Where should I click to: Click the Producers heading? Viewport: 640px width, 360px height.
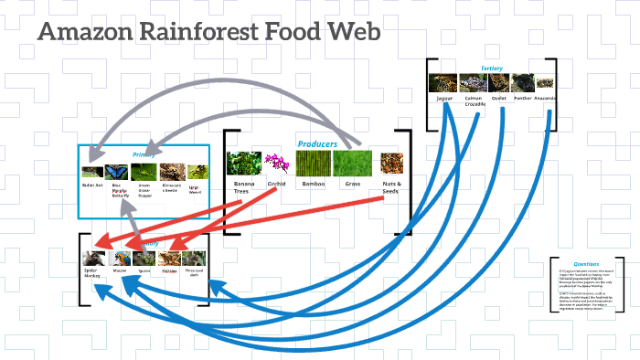point(316,144)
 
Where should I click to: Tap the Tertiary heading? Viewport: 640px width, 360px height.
point(491,69)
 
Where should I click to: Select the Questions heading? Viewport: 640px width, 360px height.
point(586,264)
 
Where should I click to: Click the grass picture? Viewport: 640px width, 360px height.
point(352,164)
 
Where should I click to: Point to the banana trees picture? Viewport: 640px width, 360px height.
point(244,164)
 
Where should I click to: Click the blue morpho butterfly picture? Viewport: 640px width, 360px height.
point(118,172)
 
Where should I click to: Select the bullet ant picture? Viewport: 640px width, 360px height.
point(92,172)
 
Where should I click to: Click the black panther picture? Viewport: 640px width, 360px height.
point(523,83)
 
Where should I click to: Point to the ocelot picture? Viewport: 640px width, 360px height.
point(499,83)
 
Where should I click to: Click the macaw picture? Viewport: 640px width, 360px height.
point(120,259)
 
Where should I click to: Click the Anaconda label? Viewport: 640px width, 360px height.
point(545,98)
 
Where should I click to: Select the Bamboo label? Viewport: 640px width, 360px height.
point(314,185)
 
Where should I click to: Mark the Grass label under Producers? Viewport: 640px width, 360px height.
point(352,185)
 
